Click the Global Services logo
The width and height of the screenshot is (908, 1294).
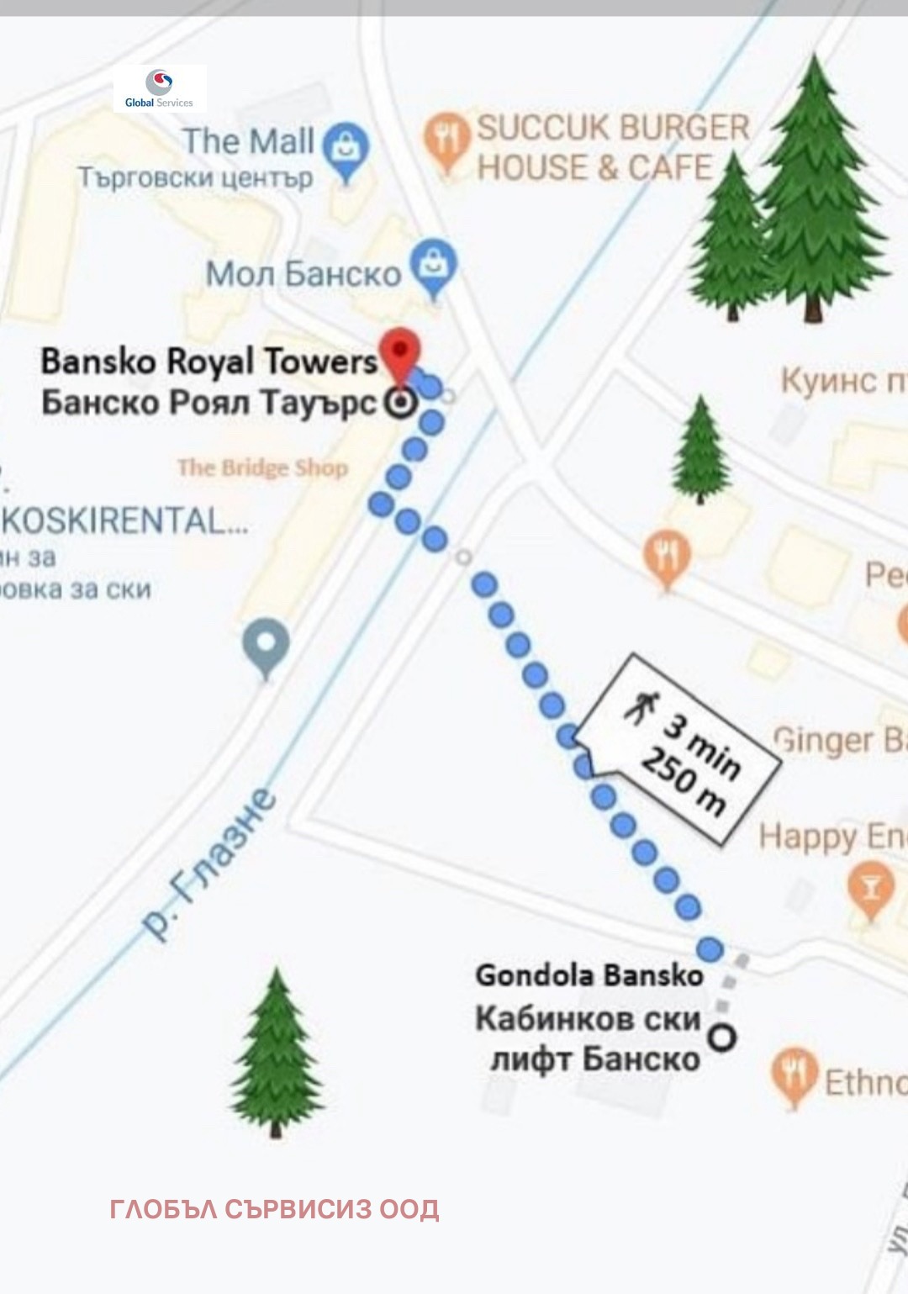(x=159, y=88)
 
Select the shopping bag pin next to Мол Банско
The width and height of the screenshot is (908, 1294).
(x=433, y=266)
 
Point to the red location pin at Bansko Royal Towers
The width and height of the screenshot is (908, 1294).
(x=400, y=354)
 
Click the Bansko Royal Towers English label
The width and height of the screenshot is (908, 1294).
(x=209, y=362)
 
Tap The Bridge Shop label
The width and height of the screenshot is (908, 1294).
(x=262, y=467)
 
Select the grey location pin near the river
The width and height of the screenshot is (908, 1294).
(x=266, y=645)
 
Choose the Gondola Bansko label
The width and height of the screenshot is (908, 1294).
(x=589, y=975)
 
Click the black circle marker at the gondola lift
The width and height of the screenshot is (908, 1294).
(x=721, y=1037)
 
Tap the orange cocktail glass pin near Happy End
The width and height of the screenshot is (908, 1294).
(x=872, y=887)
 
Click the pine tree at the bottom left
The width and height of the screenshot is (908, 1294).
(x=277, y=1055)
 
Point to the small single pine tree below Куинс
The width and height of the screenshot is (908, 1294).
(x=700, y=450)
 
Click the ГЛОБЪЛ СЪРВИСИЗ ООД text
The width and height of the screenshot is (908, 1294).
(x=274, y=1209)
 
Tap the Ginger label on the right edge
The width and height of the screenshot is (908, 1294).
(x=837, y=740)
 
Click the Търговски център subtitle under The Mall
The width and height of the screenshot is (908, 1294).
(x=195, y=178)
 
